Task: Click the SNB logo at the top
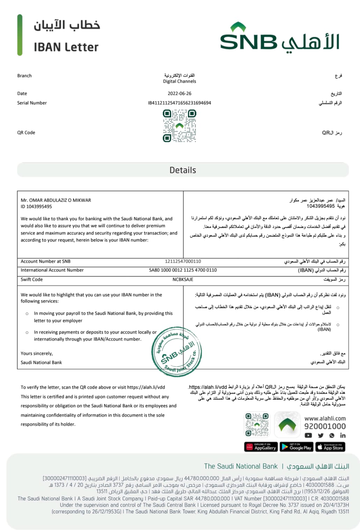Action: [x=279, y=38]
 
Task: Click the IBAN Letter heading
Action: [x=66, y=47]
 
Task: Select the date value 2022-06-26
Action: [x=179, y=94]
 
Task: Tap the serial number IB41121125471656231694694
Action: [x=179, y=103]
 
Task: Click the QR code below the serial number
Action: [x=179, y=126]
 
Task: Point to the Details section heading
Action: [x=183, y=170]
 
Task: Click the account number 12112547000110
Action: [x=183, y=261]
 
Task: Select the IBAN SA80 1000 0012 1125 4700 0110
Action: [x=183, y=270]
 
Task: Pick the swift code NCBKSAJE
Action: [x=183, y=279]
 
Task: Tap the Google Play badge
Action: [x=296, y=447]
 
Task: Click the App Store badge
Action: [x=330, y=447]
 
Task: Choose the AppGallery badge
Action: [x=261, y=447]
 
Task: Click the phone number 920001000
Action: [x=325, y=426]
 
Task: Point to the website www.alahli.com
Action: [x=325, y=418]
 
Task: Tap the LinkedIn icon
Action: [x=343, y=435]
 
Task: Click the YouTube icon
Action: [x=308, y=435]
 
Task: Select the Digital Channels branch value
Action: [x=179, y=81]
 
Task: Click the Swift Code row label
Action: [x=32, y=279]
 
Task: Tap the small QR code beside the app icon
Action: [x=257, y=425]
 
